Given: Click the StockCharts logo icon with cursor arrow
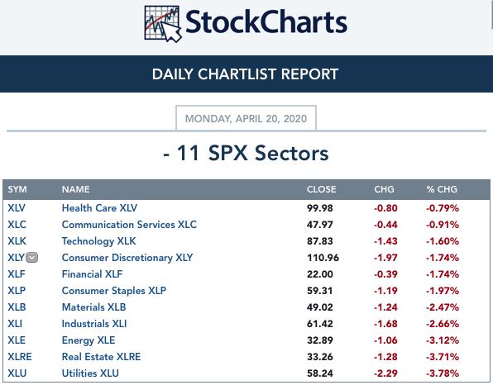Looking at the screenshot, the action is tap(163, 24).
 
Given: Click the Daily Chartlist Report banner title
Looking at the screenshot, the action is tap(245, 74).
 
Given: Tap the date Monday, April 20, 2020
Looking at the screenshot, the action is tap(246, 119).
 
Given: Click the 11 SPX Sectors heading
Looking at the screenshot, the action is tap(246, 153).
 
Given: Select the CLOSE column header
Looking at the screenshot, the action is tap(321, 189).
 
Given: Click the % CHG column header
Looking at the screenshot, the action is tap(442, 189).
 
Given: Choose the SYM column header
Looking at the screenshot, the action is tap(17, 189).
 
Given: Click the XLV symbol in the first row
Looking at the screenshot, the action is tap(17, 208).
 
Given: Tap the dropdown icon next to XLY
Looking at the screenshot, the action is tap(31, 258).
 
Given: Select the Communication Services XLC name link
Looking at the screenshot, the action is tap(129, 225).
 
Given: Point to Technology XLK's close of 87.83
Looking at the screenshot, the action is tap(320, 241).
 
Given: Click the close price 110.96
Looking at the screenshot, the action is tap(323, 258).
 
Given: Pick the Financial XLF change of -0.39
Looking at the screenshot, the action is tap(385, 274).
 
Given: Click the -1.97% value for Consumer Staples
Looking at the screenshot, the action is tap(443, 291).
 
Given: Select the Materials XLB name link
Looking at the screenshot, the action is tap(93, 307).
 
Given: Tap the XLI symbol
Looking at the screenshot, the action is tap(15, 324).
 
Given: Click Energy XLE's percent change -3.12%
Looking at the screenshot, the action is tap(443, 340).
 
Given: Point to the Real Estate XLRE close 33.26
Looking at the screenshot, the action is tap(320, 357).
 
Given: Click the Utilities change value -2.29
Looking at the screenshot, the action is tap(385, 373).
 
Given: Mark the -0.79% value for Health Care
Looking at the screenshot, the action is tap(443, 208).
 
